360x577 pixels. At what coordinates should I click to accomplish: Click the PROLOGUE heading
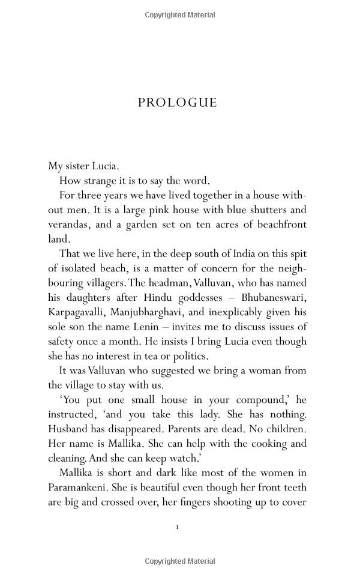click(x=177, y=102)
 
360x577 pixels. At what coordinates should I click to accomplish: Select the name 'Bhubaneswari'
click(x=275, y=297)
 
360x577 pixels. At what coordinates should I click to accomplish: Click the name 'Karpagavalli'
click(x=79, y=312)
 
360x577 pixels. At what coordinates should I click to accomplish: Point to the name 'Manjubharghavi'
click(x=158, y=312)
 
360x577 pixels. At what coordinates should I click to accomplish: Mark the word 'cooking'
click(x=245, y=443)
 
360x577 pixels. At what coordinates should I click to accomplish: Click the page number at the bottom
click(x=178, y=528)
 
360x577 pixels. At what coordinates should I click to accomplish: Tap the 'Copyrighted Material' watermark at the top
click(x=180, y=14)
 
